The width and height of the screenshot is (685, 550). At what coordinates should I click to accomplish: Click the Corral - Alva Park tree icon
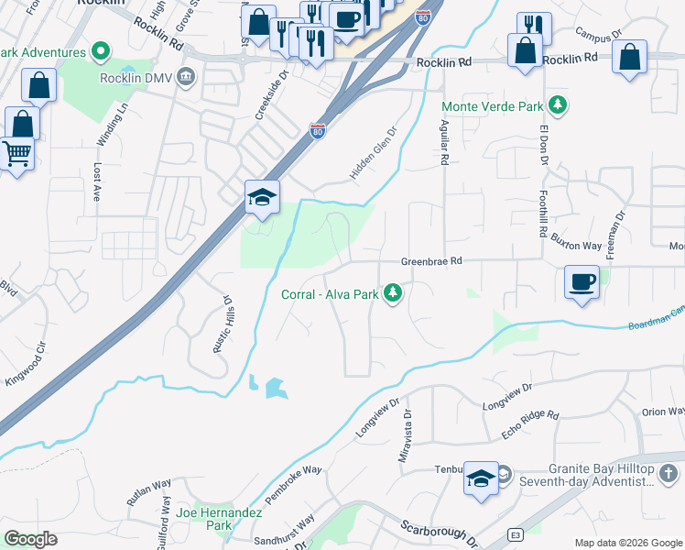coord(394,293)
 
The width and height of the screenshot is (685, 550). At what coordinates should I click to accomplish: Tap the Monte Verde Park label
coord(493,106)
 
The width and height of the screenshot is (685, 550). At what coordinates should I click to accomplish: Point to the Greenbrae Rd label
coord(430,261)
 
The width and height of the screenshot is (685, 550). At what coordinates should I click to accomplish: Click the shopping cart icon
coord(16,153)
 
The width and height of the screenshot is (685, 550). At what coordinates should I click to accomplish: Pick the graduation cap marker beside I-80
coord(262,197)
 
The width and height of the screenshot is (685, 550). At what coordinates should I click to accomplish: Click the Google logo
coord(30,539)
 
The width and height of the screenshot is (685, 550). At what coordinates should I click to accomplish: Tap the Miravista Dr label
coord(406,442)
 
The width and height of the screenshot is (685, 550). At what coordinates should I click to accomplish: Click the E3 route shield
coord(516,534)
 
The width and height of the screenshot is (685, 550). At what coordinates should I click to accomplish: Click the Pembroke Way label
coord(294,484)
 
